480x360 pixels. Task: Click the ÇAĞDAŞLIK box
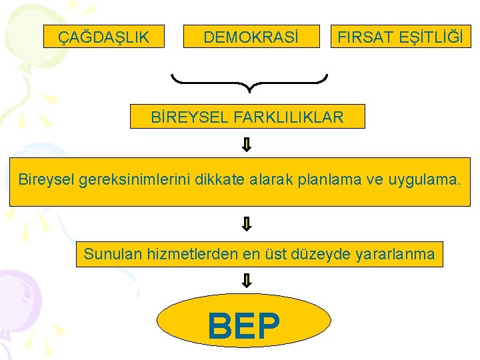tap(104, 37)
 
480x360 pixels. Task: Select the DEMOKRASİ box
tap(251, 37)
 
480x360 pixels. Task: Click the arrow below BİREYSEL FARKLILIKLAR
tap(246, 145)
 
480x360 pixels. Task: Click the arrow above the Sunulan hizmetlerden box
tap(246, 224)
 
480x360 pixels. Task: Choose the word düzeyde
tap(325, 254)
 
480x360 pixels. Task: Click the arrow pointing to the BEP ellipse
tap(246, 281)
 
